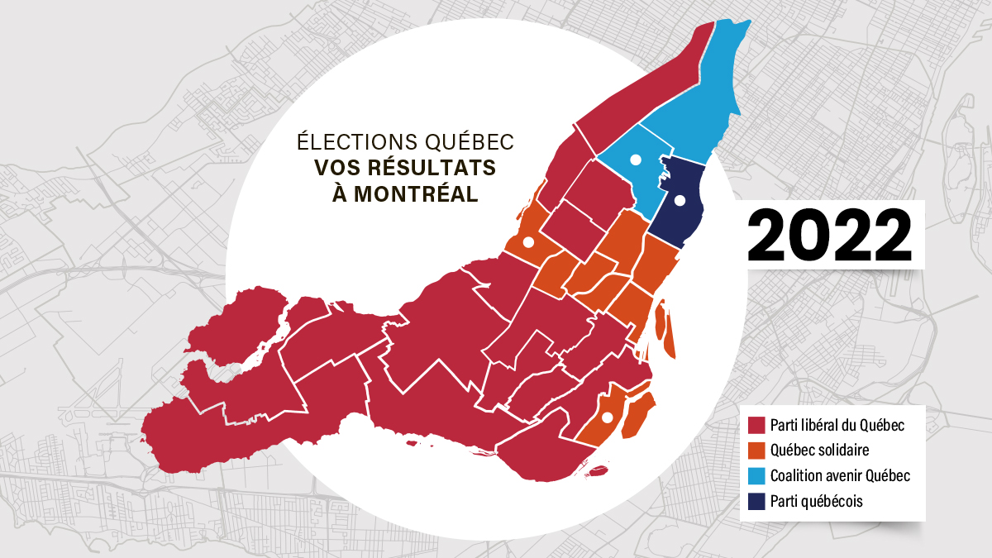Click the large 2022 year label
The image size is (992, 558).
click(x=829, y=235)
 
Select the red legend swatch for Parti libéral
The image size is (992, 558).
click(x=755, y=426)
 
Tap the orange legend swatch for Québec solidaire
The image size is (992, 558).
click(x=755, y=451)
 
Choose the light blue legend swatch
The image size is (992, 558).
click(x=755, y=476)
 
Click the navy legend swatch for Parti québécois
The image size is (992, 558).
click(x=755, y=501)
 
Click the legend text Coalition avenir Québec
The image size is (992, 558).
click(x=839, y=476)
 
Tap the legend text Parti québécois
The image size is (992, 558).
click(x=816, y=501)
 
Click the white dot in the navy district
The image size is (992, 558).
click(x=680, y=200)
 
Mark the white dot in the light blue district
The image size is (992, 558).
click(x=636, y=160)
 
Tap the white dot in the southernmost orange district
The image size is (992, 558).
click(x=606, y=417)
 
